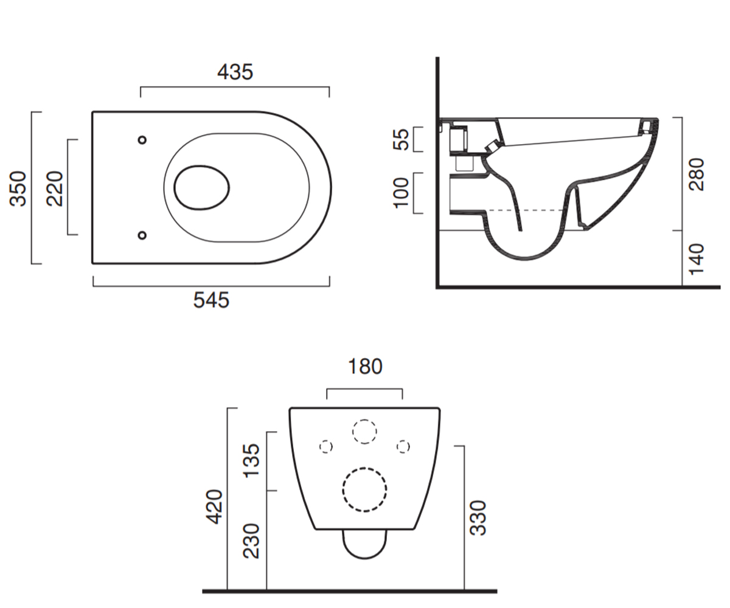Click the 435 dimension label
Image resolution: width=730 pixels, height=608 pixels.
coord(235,72)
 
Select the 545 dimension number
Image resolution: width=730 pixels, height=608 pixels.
coord(211,300)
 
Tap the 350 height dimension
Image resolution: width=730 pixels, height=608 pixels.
coord(18,188)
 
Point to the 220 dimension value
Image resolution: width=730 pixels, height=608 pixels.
coord(55,188)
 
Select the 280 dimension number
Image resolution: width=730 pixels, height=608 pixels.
coord(696,174)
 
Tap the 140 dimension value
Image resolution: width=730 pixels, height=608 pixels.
coord(696,259)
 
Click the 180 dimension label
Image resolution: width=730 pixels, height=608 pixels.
coord(365,367)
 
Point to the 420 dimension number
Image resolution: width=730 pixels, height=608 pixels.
coord(214,507)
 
